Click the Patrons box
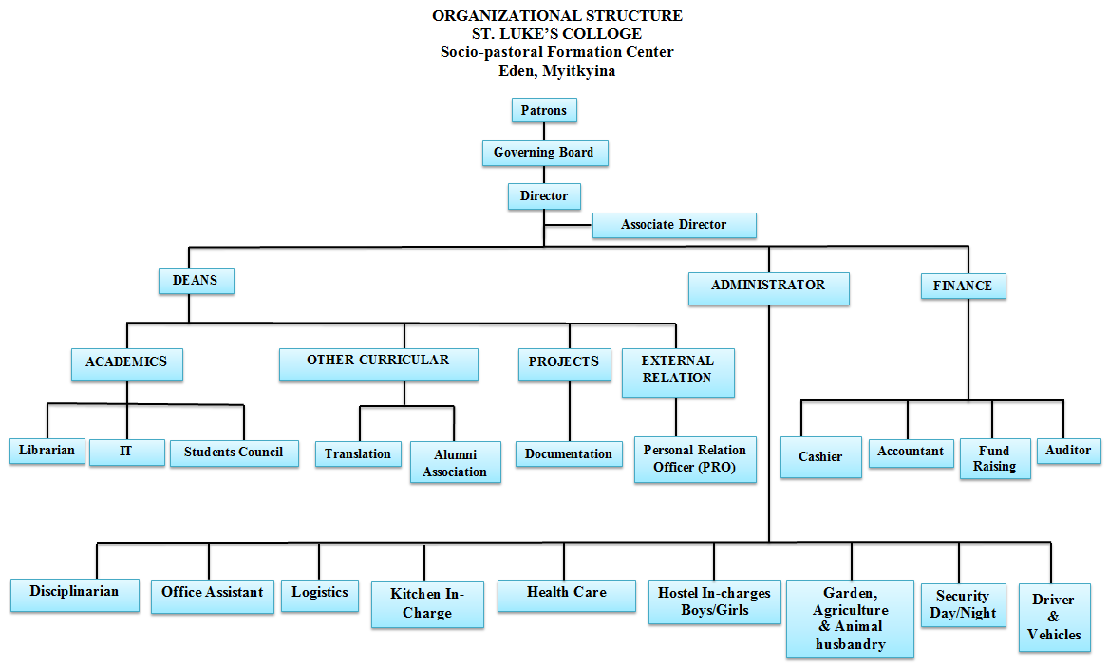coord(544,111)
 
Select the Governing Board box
coord(544,153)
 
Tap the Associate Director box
coord(674,226)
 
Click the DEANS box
coord(196,281)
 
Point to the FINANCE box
coord(963,287)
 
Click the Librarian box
coord(47,451)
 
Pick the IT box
coord(126,452)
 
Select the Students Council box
coord(234,453)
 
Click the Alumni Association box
coord(455,463)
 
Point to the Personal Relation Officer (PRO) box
coord(695,459)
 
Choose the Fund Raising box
coord(994,458)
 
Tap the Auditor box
coord(1068,450)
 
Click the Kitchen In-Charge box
coord(427,603)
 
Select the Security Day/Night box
coord(963,604)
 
